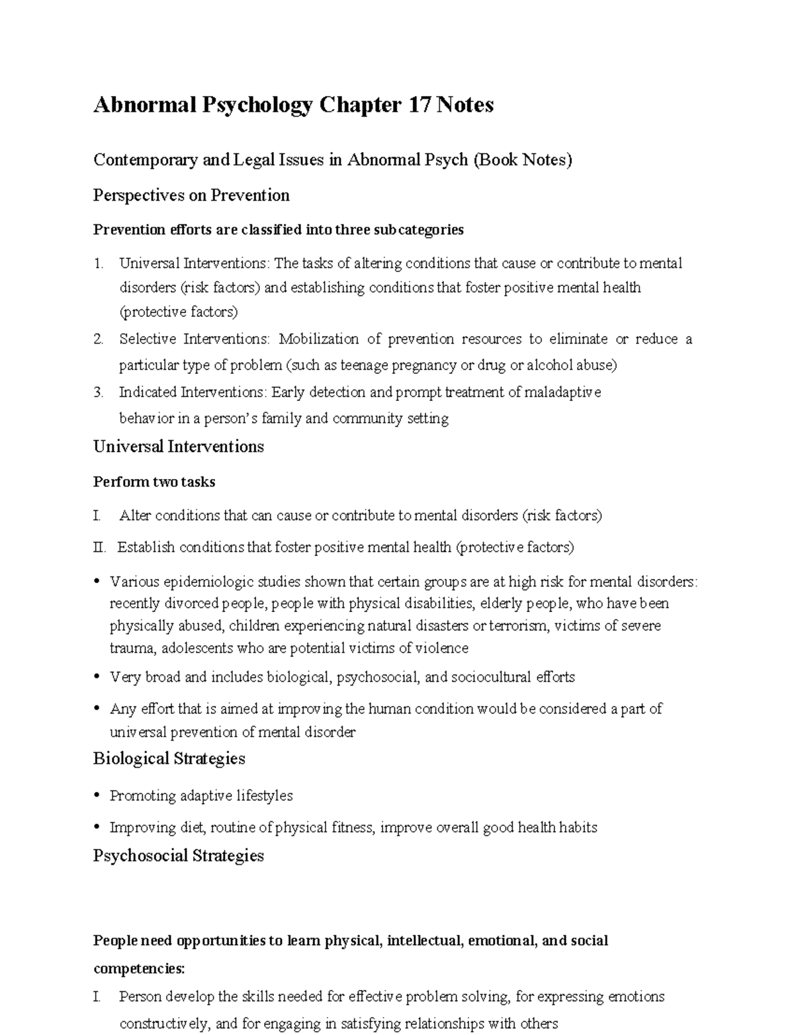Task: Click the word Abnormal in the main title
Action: click(x=141, y=105)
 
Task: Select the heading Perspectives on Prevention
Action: click(x=191, y=195)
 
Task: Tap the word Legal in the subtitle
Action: click(x=234, y=159)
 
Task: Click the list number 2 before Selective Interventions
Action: click(x=98, y=339)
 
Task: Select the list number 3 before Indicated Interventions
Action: click(x=98, y=392)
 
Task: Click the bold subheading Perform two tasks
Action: click(x=154, y=482)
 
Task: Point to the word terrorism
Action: click(x=517, y=626)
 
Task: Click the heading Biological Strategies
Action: click(x=169, y=758)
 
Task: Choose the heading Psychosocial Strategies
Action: click(x=178, y=856)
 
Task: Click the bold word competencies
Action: click(x=139, y=969)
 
